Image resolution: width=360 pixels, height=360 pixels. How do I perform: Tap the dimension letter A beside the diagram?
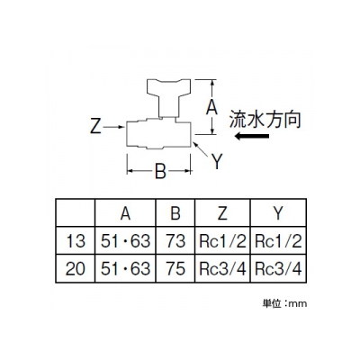coord(211,108)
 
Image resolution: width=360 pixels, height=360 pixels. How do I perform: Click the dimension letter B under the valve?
coord(160,172)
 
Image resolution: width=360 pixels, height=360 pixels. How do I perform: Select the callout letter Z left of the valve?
coord(95,127)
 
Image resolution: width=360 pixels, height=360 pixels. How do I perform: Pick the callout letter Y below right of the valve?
coord(217,161)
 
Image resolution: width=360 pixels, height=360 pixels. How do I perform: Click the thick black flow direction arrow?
coord(252,136)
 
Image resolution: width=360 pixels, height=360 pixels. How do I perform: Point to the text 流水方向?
coord(265,120)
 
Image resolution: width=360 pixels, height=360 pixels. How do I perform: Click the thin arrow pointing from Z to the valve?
coord(113,127)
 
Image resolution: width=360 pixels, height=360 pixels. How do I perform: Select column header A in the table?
coord(125,213)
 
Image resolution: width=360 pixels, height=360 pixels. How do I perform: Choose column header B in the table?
coord(175,213)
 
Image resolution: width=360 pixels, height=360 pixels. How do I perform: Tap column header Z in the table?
coord(222,213)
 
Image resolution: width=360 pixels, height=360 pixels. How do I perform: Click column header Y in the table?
coord(278,213)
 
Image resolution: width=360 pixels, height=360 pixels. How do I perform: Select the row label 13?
coord(75,241)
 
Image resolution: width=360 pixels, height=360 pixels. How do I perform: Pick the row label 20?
coord(75,269)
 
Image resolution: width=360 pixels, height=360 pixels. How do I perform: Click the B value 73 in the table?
coord(175,241)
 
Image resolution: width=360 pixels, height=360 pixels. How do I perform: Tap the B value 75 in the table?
coord(175,269)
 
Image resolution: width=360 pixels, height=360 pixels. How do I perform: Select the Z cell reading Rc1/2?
coord(222,241)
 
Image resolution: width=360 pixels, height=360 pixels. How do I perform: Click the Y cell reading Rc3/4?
coord(278,269)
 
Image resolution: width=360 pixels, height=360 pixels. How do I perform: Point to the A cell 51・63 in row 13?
coord(125,241)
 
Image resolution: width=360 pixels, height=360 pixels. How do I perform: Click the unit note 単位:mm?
coord(285,303)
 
